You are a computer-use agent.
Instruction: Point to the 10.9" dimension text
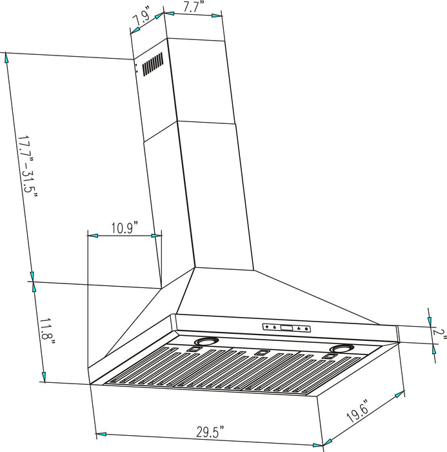pos(123,227)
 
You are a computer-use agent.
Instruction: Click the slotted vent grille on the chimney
pos(152,65)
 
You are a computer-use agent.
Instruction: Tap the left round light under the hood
pos(207,342)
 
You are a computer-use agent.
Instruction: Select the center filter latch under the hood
pos(261,352)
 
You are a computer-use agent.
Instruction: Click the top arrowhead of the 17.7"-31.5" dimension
pos(8,57)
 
